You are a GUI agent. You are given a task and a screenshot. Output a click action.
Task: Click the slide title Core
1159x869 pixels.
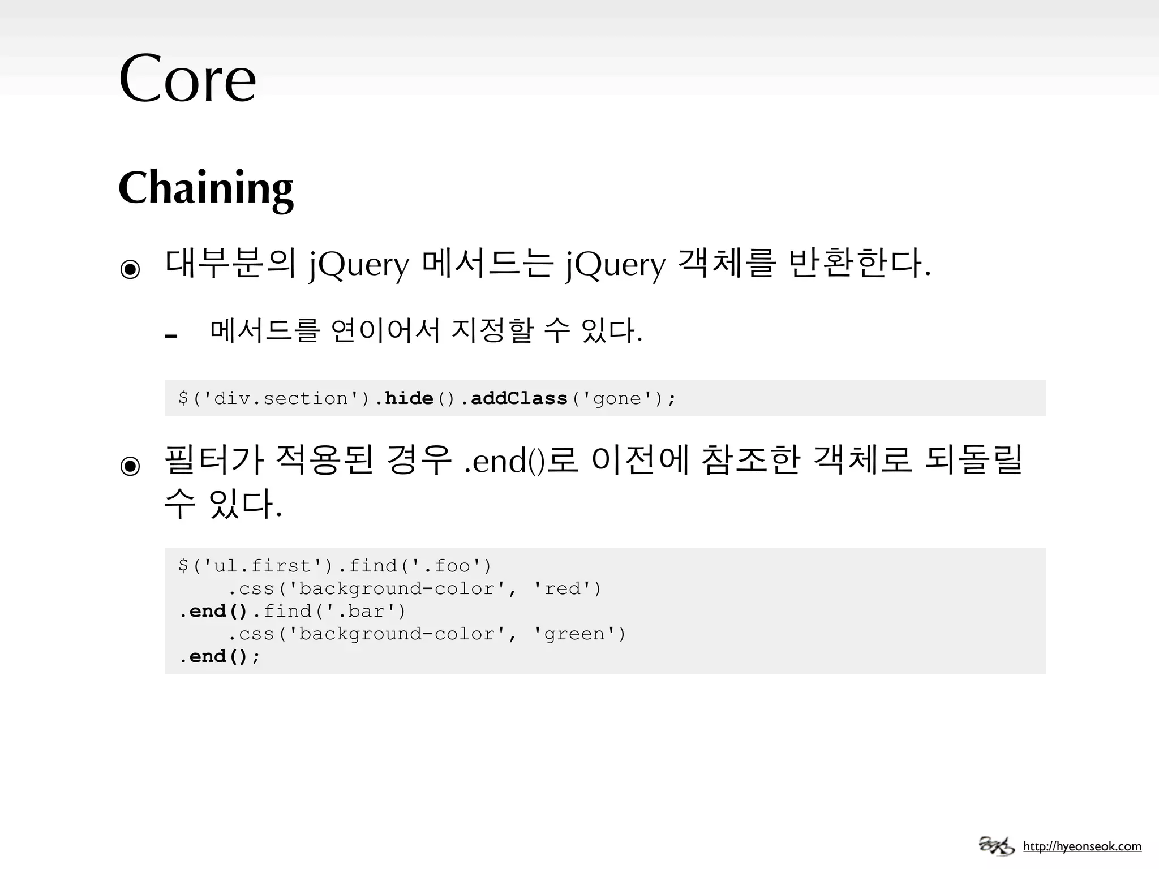coord(187,79)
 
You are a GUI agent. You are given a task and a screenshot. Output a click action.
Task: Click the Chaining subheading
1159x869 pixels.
coord(206,188)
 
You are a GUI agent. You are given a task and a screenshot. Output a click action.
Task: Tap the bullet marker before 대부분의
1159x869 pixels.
coord(130,269)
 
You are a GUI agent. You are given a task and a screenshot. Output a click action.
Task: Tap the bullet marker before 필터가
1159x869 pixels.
coord(130,466)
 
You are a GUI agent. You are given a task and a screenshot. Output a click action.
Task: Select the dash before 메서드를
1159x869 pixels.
coord(171,336)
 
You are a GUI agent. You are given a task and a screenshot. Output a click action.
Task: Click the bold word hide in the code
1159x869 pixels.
coord(409,398)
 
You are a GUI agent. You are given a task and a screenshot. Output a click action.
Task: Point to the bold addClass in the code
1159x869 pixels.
coord(519,398)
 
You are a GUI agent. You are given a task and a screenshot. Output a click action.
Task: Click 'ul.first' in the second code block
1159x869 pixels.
coord(263,566)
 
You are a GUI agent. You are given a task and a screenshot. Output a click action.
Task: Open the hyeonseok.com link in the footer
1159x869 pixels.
coord(1082,846)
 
